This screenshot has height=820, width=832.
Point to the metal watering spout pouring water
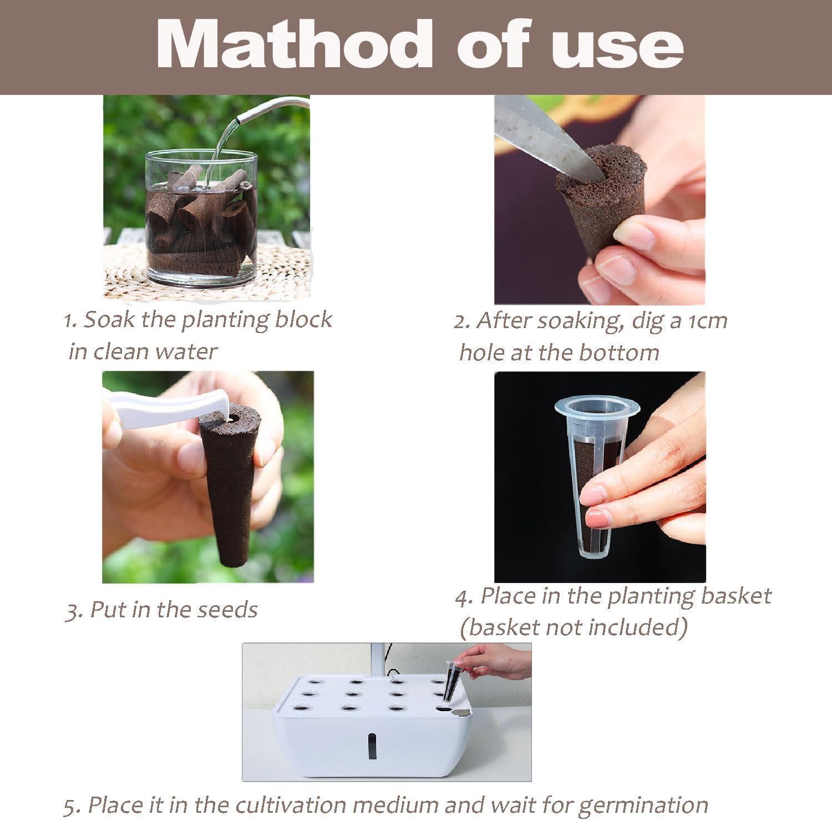pos(272,108)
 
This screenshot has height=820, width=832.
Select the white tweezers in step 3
pos(166,409)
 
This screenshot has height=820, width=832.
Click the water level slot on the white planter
pos(372,744)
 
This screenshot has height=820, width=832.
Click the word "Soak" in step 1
pos(108,319)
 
